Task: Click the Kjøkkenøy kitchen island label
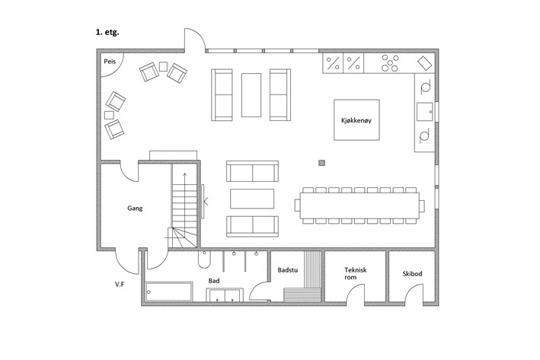356,120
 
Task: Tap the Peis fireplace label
110,62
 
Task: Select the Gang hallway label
135,209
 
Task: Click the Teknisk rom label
356,273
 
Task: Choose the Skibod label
412,274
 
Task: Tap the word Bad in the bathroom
214,281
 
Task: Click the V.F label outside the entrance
120,285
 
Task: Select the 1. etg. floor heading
107,33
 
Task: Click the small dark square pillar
321,163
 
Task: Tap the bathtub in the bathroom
169,292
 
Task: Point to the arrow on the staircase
185,200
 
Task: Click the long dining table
359,205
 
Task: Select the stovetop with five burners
390,63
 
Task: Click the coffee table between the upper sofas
251,95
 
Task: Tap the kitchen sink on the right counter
425,112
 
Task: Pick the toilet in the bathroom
204,260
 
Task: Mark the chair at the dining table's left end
297,205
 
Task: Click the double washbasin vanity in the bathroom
225,295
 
